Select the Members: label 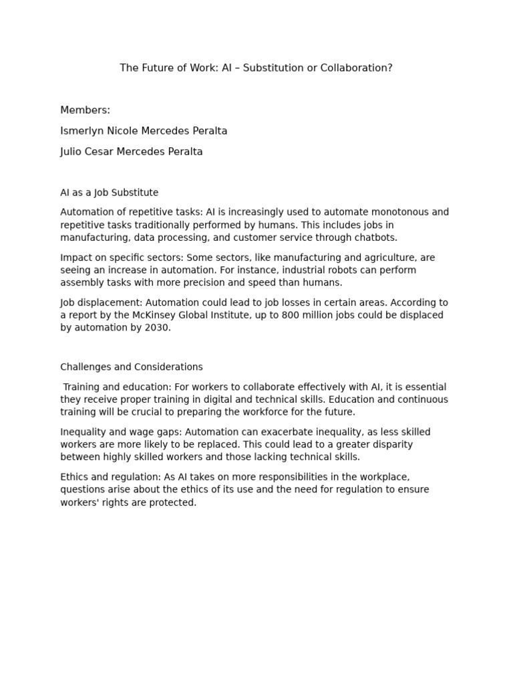(x=85, y=110)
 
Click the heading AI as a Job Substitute (x=109, y=193)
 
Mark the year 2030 (x=156, y=328)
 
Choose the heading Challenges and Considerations (x=131, y=367)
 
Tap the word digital (x=239, y=399)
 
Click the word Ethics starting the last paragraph (x=74, y=477)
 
